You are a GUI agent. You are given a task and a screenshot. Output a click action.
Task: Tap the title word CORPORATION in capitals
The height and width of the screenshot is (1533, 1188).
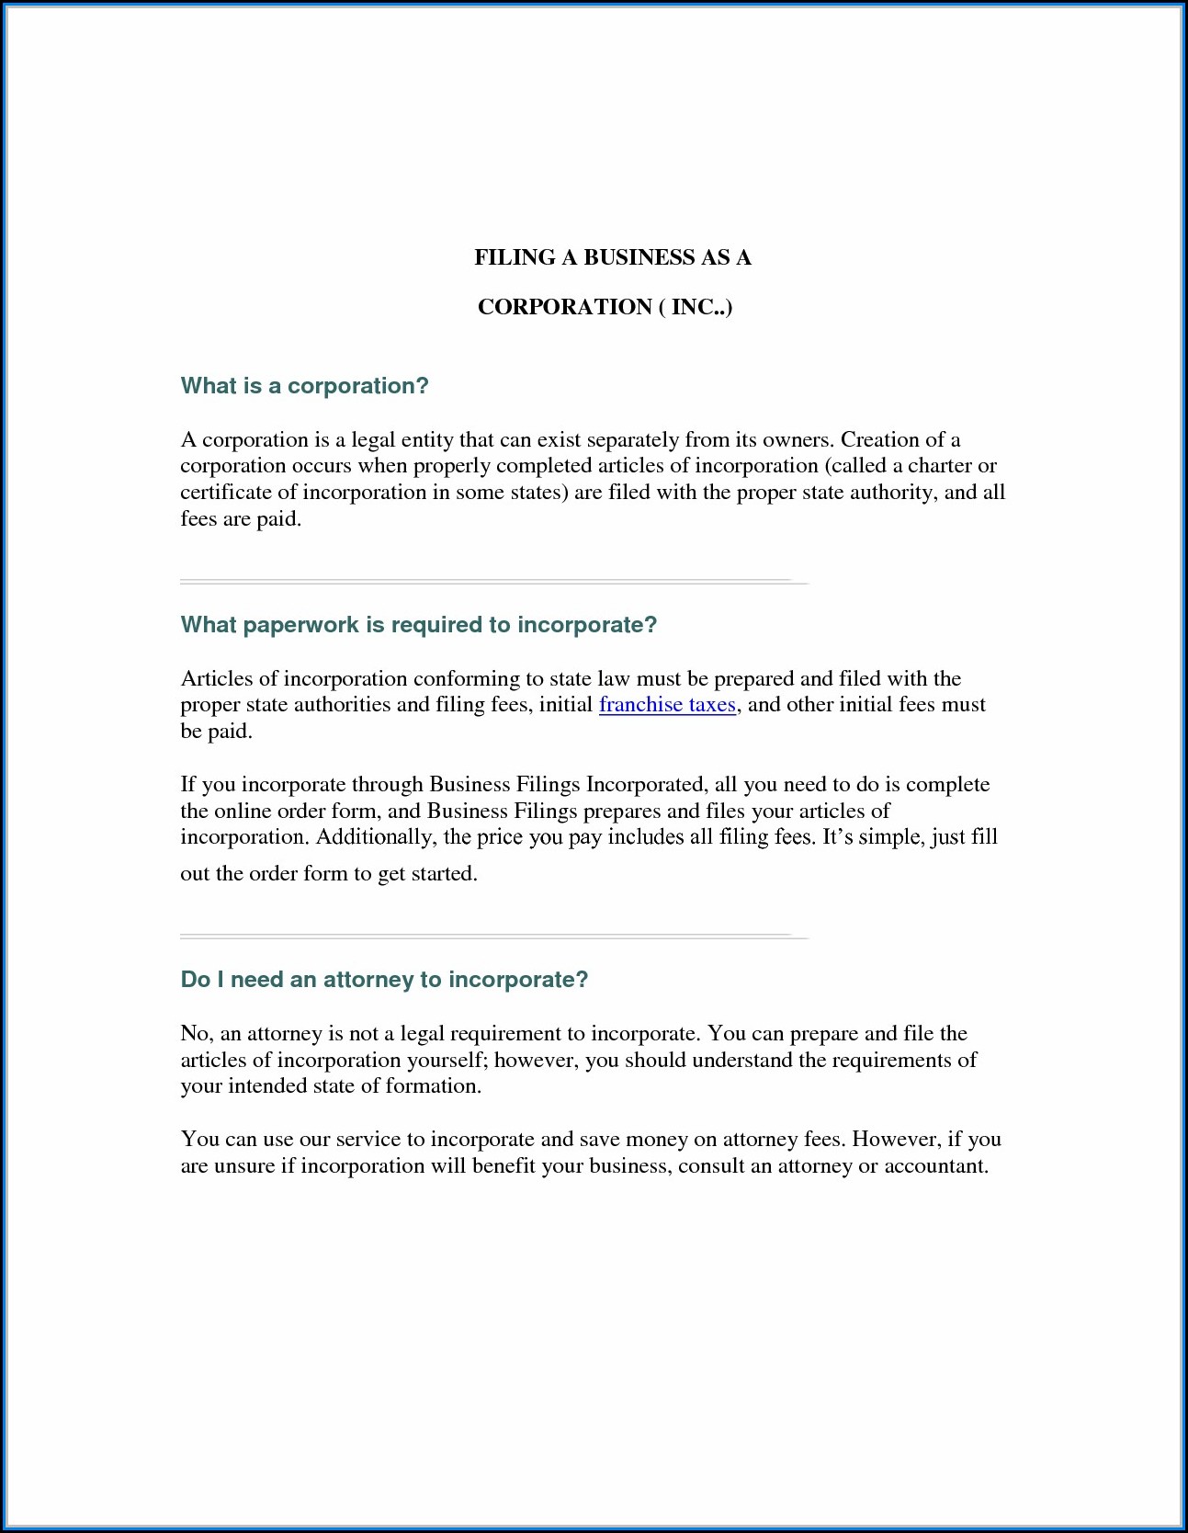pos(564,307)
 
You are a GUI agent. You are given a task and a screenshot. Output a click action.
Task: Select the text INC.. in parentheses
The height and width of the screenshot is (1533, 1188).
pos(698,307)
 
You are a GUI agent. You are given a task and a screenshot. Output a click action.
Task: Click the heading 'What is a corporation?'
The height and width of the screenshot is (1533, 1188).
pos(304,386)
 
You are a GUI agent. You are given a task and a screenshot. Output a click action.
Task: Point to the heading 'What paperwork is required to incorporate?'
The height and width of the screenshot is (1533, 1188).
pos(418,625)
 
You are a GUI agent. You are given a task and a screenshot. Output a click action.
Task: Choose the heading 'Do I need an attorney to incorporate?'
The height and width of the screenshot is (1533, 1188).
pos(384,980)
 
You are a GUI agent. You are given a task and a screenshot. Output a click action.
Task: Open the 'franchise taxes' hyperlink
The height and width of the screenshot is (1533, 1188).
pos(667,705)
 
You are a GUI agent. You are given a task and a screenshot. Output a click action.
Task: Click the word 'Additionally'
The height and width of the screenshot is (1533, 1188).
pos(375,837)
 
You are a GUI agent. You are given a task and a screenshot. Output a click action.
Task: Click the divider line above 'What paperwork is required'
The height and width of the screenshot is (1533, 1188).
pos(493,582)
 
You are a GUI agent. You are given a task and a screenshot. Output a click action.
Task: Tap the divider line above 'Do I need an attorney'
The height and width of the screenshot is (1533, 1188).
pos(493,937)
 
